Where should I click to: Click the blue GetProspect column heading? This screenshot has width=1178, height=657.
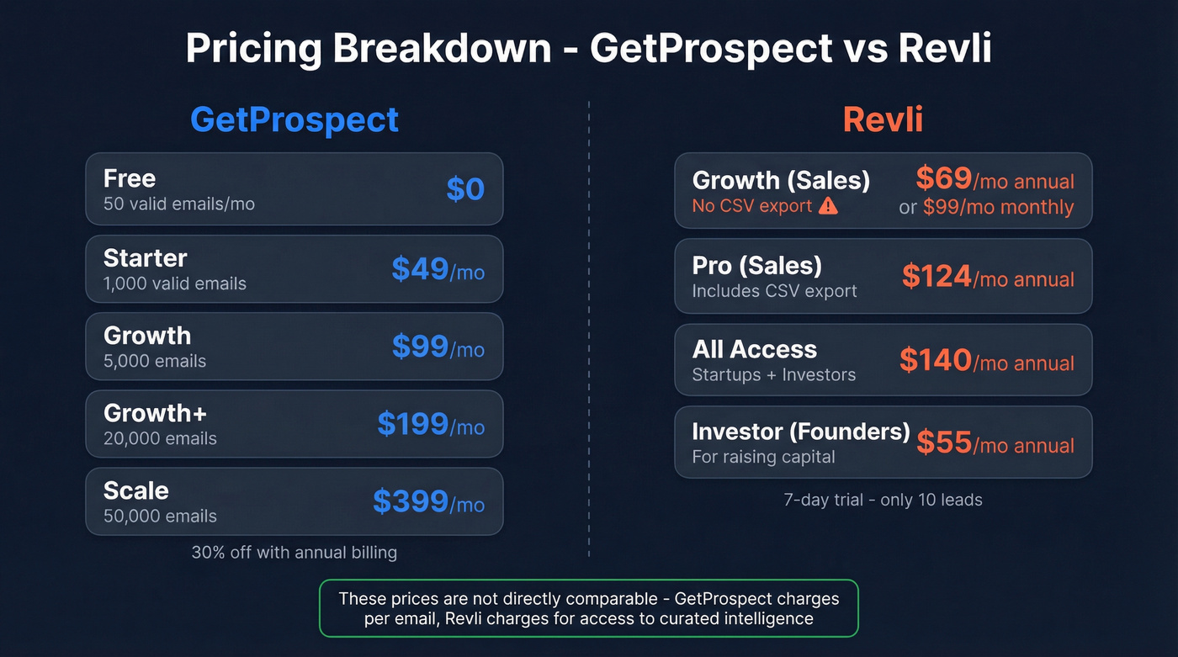coord(294,119)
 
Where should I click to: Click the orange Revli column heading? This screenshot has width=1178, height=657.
coord(883,119)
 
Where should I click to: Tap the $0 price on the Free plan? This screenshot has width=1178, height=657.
coord(465,189)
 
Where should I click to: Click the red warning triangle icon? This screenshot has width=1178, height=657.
coord(828,206)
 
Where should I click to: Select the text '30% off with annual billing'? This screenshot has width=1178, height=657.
coord(294,553)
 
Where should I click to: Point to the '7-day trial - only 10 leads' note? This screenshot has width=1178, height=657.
coord(883,500)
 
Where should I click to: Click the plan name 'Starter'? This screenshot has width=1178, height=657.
coord(145,257)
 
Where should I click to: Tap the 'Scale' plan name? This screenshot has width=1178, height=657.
coord(135,490)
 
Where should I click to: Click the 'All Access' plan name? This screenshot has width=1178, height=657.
coord(754,349)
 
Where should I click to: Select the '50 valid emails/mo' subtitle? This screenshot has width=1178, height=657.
coord(178,204)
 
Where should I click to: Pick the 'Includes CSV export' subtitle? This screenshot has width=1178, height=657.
coord(774,291)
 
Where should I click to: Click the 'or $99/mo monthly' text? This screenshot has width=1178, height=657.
coord(986,207)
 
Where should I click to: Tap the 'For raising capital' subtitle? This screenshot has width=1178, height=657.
coord(763,457)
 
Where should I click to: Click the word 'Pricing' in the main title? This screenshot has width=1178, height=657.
coord(253,49)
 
